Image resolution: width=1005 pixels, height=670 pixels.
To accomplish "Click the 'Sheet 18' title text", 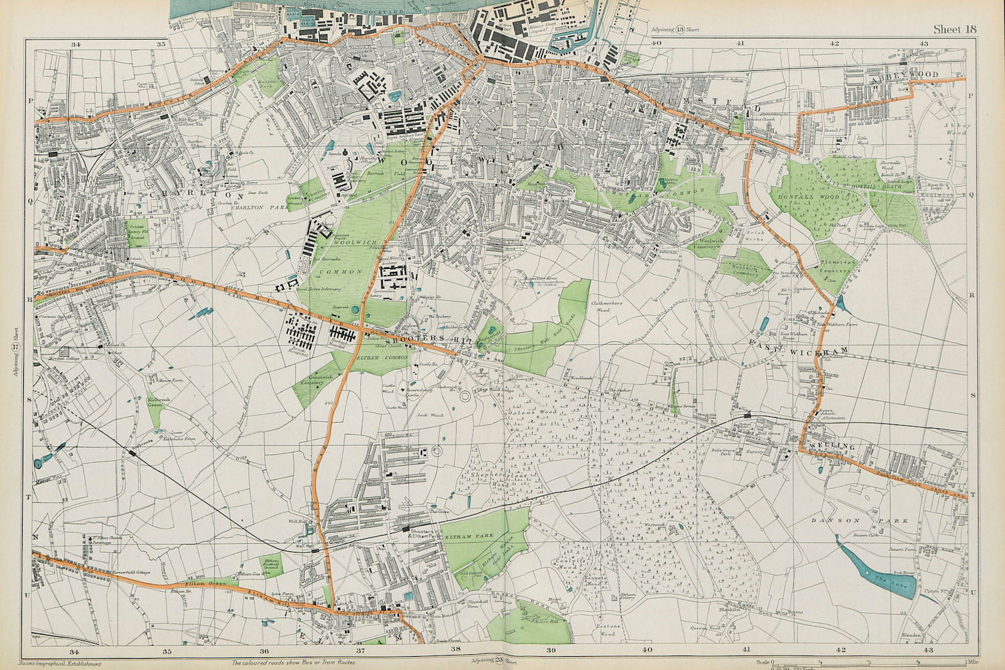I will pyautogui.click(x=955, y=29).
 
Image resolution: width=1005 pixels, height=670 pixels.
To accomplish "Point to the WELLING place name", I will pyautogui.click(x=833, y=446).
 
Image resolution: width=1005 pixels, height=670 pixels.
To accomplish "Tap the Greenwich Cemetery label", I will pyautogui.click(x=312, y=379).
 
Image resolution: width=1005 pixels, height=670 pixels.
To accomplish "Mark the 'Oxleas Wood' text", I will pyautogui.click(x=540, y=413).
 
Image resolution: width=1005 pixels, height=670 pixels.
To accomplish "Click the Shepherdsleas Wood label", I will pyautogui.click(x=491, y=480).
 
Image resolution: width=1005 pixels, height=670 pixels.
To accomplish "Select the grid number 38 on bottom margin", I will pyautogui.click(x=455, y=649).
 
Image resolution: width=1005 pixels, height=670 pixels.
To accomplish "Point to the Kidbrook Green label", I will pyautogui.click(x=155, y=402).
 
